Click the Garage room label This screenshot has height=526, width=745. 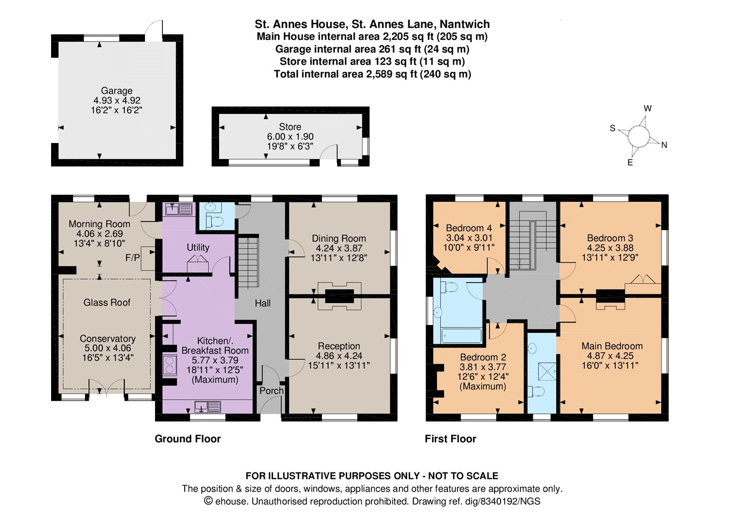116,90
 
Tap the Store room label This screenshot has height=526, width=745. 290,127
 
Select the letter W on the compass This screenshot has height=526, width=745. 648,108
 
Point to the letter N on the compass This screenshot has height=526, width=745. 664,145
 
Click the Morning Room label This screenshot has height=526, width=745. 99,224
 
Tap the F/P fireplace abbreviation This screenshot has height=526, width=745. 133,257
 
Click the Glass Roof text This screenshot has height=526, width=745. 107,302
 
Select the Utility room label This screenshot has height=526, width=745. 198,247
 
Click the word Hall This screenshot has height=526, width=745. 263,303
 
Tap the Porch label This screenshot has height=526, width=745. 271,390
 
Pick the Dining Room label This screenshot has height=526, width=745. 339,238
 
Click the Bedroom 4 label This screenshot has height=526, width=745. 469,228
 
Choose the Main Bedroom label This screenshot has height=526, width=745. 612,346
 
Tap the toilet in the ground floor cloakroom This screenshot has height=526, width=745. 214,222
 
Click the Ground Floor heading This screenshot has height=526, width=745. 188,439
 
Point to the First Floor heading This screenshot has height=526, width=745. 450,439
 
